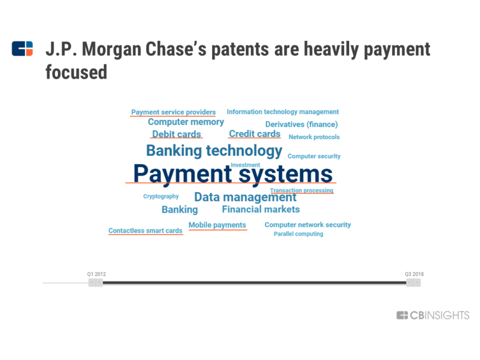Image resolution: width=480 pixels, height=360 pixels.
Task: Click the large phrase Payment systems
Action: [233, 174]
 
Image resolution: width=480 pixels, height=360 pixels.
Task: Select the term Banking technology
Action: [214, 151]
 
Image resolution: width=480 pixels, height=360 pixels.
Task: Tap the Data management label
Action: [245, 197]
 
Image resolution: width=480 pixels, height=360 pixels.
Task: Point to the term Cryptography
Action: [161, 196]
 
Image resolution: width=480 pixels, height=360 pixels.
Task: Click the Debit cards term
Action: [176, 134]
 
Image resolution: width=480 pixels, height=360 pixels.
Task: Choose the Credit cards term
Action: [254, 134]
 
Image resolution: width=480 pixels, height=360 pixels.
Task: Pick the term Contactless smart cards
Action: [145, 231]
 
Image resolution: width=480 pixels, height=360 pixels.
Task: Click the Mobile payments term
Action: [217, 225]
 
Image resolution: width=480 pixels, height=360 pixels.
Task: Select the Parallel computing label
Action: [298, 234]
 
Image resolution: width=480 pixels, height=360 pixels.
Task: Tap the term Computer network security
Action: [308, 225]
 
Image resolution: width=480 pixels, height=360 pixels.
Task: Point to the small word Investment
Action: [245, 165]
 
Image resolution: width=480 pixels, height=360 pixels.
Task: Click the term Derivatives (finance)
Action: [301, 124]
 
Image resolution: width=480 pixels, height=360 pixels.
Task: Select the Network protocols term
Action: [314, 137]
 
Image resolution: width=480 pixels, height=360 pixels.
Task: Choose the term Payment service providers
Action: [173, 112]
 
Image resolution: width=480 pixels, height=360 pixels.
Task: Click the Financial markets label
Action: [261, 209]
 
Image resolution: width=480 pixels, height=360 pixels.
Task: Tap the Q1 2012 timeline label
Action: [97, 274]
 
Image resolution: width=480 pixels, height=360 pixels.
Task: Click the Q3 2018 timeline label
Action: [414, 274]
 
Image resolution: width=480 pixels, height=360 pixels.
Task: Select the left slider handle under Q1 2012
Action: [95, 283]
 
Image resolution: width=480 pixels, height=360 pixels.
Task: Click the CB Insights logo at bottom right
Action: [433, 315]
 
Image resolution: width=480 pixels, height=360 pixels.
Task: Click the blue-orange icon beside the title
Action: [22, 49]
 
